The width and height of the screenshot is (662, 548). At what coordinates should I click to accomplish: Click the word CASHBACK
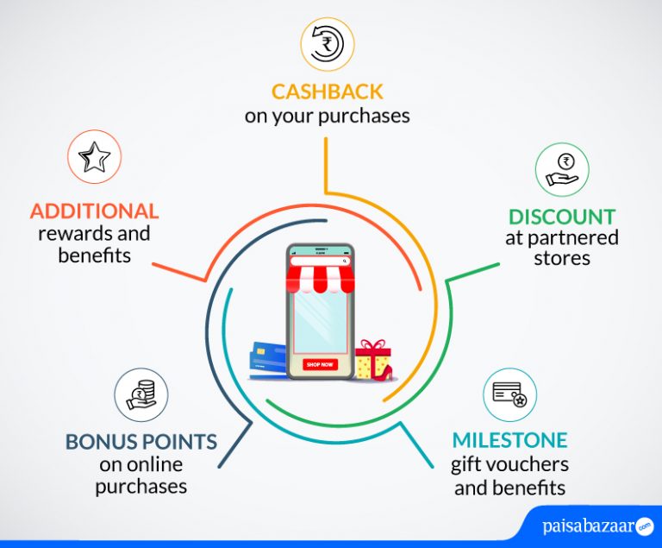[x=328, y=91]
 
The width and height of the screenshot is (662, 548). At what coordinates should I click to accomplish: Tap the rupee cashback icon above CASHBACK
[x=328, y=44]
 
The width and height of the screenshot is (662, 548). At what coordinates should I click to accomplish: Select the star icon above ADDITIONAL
[x=94, y=157]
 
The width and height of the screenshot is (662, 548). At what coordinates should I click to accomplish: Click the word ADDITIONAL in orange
[x=94, y=211]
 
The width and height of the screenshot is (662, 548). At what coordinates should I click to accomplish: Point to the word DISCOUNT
[x=561, y=217]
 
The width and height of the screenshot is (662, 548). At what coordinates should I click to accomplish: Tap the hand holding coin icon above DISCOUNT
[x=562, y=169]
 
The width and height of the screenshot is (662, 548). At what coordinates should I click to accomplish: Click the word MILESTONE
[x=510, y=440]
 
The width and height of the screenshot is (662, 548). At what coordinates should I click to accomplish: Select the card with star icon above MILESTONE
[x=509, y=395]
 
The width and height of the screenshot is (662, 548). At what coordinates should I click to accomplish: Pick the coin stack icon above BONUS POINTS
[x=141, y=395]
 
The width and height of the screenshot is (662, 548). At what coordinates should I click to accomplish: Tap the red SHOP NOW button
[x=320, y=364]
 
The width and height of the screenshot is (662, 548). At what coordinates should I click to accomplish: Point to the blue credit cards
[x=269, y=360]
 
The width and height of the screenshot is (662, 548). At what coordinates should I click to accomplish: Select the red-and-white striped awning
[x=320, y=279]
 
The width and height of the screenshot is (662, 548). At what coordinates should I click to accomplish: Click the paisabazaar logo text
[x=589, y=526]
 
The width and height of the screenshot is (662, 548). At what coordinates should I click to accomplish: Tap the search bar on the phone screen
[x=320, y=261]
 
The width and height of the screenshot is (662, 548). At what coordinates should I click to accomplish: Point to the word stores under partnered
[x=561, y=258]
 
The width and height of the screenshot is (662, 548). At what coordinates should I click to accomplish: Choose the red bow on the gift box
[x=372, y=344]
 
